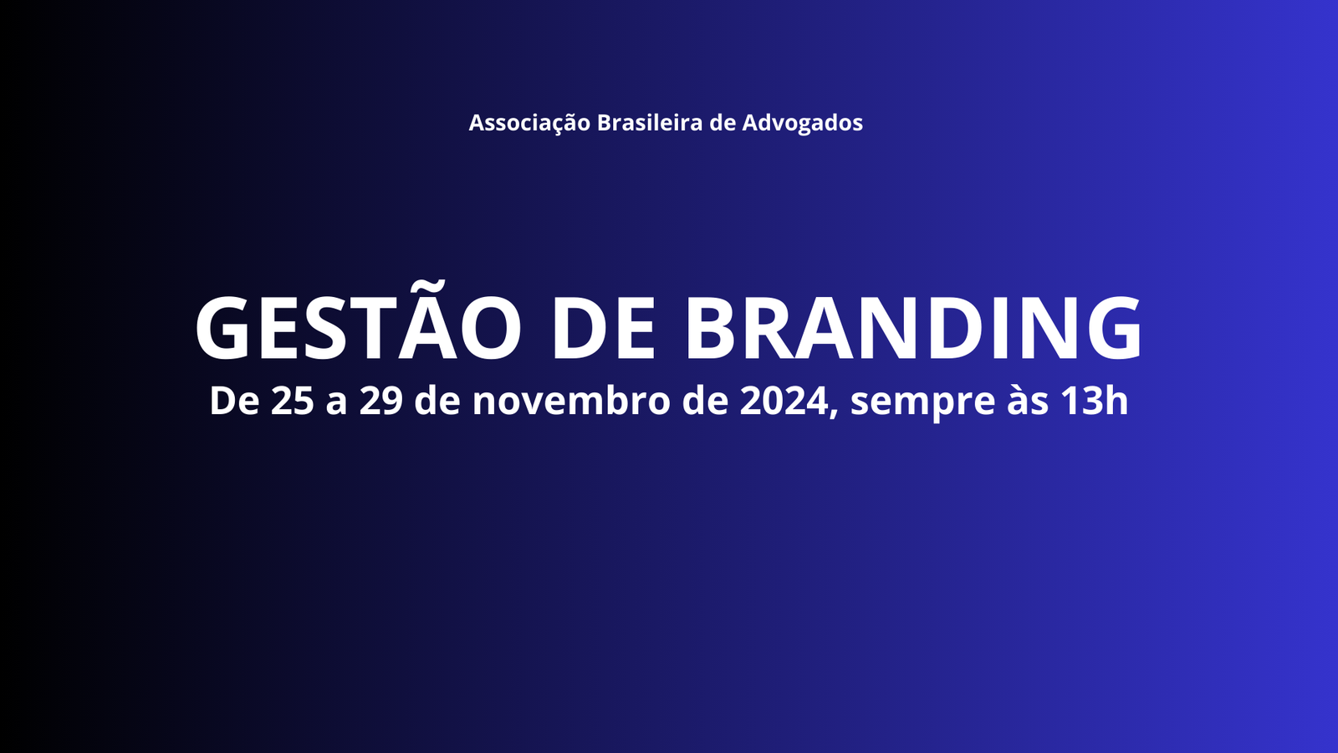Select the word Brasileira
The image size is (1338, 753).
click(x=650, y=122)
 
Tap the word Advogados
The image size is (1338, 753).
click(x=802, y=124)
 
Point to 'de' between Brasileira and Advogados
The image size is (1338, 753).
click(x=723, y=122)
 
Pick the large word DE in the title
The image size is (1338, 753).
click(x=604, y=328)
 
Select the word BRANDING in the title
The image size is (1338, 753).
click(x=914, y=328)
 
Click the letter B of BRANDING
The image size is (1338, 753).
click(x=712, y=328)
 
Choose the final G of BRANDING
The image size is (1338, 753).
click(x=1113, y=328)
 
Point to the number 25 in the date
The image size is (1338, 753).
click(x=292, y=401)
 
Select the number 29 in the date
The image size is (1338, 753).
click(x=381, y=401)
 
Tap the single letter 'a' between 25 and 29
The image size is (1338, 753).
click(x=336, y=405)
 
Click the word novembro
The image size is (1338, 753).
click(x=572, y=401)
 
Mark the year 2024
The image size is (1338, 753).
click(x=784, y=401)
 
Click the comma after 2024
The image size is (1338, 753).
click(x=835, y=413)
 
